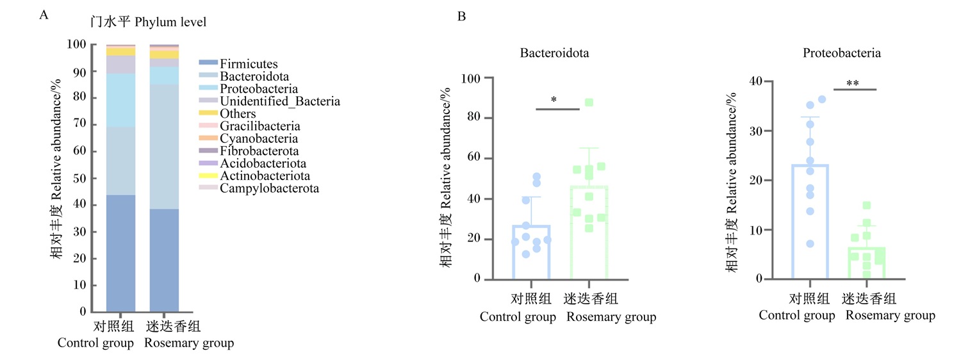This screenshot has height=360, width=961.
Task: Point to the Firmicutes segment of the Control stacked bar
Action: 121,253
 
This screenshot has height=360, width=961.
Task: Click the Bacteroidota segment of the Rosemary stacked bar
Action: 164,147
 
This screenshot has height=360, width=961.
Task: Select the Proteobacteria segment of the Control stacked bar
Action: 121,100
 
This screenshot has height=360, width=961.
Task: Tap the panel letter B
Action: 462,16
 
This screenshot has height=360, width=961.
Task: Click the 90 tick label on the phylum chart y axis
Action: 79,72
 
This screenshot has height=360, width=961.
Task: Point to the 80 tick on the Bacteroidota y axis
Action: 473,117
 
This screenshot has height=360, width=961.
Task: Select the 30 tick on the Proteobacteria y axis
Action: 756,131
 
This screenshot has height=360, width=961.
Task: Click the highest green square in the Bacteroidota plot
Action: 589,102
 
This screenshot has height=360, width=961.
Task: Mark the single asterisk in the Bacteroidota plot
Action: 554,99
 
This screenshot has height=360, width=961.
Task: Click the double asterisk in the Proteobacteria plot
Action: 853,83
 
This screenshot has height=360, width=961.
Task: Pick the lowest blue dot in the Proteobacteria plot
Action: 810,243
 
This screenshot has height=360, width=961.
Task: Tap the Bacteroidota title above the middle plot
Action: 554,53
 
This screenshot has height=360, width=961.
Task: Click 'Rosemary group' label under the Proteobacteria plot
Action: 891,315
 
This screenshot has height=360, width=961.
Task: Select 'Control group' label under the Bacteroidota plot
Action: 518,316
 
